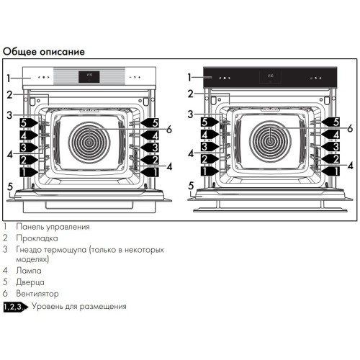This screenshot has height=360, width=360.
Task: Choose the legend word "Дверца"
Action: (x=32, y=282)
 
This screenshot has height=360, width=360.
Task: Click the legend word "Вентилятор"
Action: (x=40, y=294)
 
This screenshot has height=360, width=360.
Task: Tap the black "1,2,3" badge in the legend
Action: (x=14, y=307)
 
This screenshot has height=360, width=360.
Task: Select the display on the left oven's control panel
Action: (x=91, y=76)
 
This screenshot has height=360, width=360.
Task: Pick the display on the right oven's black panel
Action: (x=271, y=76)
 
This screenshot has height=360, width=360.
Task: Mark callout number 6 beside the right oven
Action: (x=350, y=129)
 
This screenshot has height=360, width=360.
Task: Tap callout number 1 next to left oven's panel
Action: (x=9, y=77)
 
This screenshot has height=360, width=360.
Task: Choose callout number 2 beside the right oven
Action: (x=190, y=94)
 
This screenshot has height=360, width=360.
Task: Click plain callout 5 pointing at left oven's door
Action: (x=9, y=186)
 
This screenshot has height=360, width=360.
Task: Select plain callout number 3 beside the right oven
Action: (x=190, y=114)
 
